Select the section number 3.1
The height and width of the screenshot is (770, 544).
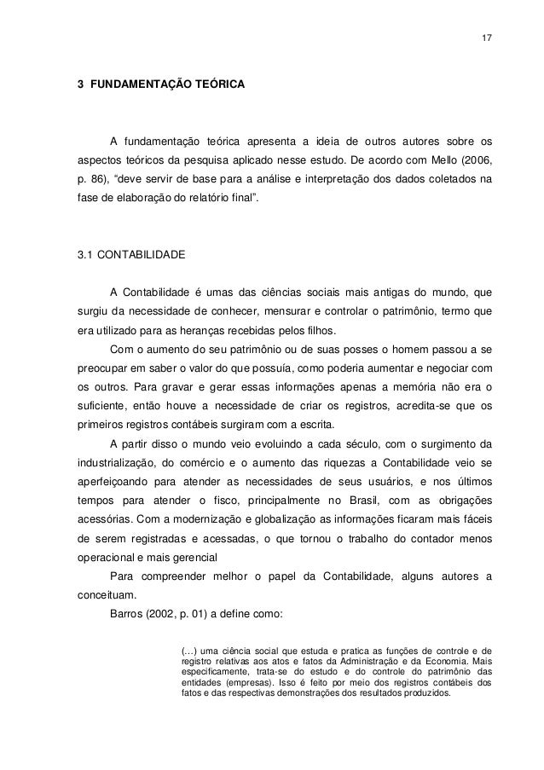tap(86, 253)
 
